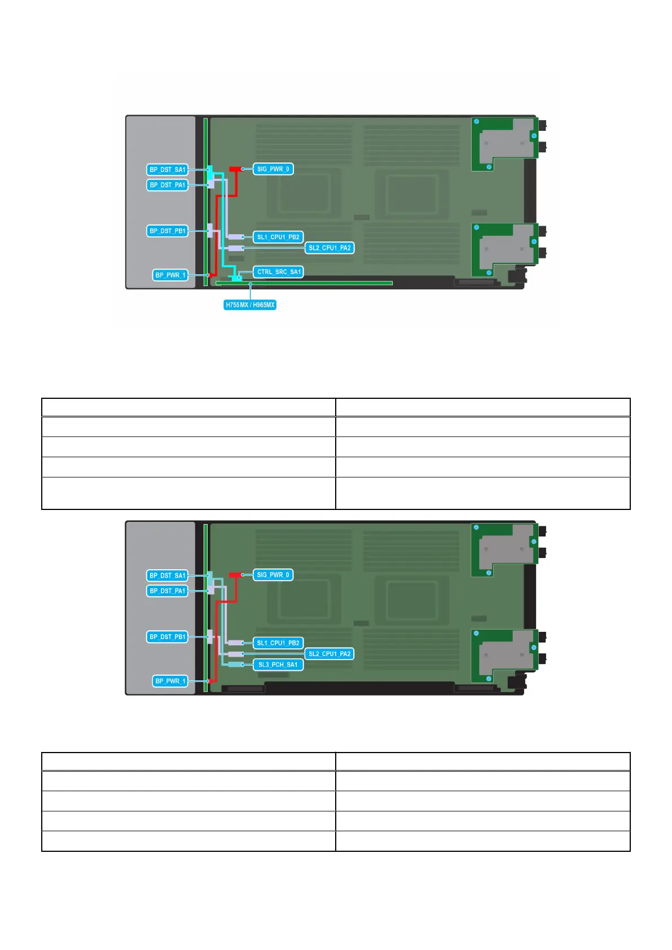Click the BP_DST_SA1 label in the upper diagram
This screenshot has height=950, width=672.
167,170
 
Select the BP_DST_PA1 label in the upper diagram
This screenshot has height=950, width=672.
167,185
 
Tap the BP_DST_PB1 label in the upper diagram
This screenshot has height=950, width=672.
167,231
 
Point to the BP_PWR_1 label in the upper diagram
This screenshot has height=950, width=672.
170,275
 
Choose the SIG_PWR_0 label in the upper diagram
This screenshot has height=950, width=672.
273,169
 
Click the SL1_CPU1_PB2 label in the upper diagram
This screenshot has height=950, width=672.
278,237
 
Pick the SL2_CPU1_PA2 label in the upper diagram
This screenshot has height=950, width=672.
330,248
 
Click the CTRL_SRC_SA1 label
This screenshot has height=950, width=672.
279,272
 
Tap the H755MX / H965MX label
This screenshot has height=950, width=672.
250,305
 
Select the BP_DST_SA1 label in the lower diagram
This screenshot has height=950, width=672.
167,575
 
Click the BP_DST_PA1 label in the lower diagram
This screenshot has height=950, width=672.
167,591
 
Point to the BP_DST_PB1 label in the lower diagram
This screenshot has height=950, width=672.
167,637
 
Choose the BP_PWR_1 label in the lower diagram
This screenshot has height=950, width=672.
170,681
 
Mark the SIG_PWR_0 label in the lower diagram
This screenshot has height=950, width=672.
273,575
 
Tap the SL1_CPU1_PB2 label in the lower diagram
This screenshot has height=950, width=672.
278,643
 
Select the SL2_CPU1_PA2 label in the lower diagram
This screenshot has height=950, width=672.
330,654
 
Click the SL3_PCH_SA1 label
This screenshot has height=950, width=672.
278,665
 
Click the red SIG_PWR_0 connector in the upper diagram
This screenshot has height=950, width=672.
235,169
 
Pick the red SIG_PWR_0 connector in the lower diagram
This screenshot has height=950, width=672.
235,575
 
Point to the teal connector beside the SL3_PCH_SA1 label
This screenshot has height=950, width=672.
235,665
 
